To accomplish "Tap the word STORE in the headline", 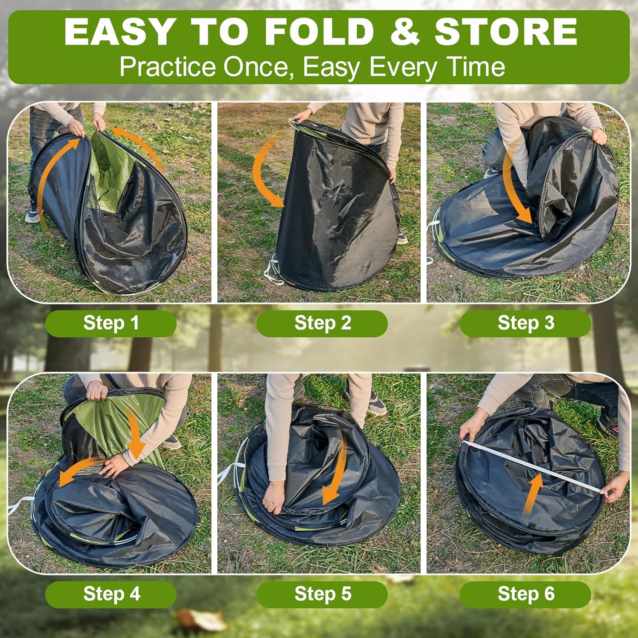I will [506, 32].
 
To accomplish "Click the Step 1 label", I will [111, 323].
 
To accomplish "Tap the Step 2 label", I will [322, 323].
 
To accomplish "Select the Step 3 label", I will [526, 323].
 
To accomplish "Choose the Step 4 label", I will [111, 594].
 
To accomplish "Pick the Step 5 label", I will [322, 594].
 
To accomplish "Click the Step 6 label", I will [526, 594].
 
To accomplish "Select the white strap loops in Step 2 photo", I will [272, 272].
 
